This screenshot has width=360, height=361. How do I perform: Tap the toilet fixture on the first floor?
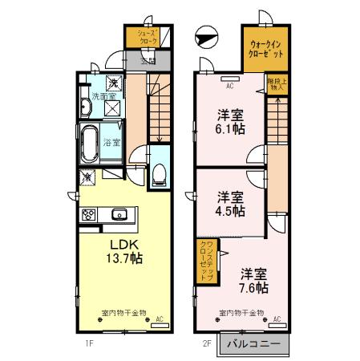159,174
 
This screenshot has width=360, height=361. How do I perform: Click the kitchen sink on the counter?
120,213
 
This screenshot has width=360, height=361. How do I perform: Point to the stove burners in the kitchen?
87,213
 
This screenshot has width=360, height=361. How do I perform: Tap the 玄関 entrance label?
148,60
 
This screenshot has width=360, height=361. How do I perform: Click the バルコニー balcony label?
252,343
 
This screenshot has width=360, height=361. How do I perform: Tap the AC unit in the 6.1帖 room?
229,83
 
